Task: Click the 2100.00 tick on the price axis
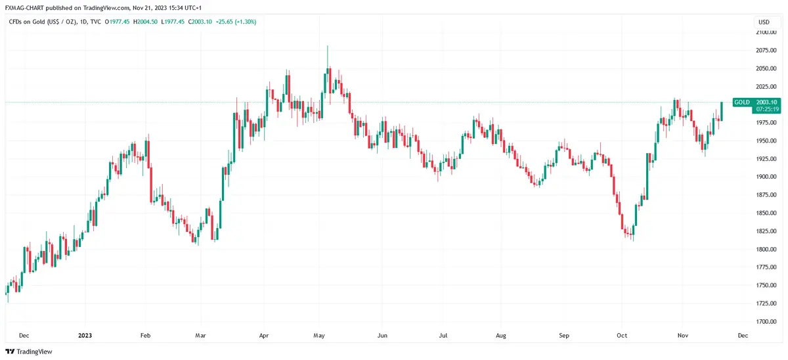tap(764, 32)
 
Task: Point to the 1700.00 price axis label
tap(764, 322)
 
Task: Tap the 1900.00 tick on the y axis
tap(764, 177)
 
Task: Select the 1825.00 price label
tap(764, 231)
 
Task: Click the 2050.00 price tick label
tap(764, 68)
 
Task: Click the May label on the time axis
tap(320, 335)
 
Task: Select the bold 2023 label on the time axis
tap(85, 335)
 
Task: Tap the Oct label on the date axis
tap(623, 335)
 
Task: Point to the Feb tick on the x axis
tap(146, 335)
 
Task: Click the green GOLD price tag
tap(742, 102)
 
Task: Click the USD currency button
tap(764, 22)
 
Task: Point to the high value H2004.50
tap(145, 22)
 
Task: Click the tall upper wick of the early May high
tap(327, 56)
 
